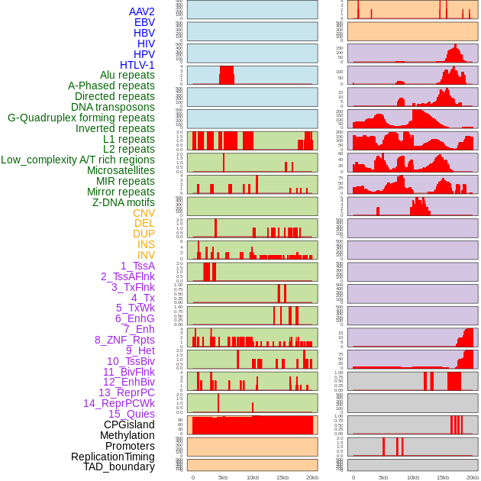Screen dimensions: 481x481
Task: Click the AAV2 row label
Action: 142,11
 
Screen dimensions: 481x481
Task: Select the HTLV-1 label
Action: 137,65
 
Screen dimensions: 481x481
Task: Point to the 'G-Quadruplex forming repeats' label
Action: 81,118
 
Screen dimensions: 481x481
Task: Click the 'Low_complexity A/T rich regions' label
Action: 78,160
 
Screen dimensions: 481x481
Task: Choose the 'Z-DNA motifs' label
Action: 124,202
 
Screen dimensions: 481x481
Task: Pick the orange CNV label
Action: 144,213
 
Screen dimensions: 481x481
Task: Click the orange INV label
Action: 146,255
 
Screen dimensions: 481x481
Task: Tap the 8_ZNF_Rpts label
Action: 124,340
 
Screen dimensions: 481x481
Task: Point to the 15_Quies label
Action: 131,414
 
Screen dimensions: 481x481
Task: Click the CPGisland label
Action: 129,425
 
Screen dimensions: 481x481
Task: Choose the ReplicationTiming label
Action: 113,457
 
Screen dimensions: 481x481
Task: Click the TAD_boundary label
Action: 119,466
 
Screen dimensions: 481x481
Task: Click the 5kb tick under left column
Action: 223,477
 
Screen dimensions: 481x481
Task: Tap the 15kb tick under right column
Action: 443,477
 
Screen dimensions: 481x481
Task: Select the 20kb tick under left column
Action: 312,477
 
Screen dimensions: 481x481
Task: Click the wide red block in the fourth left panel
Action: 227,75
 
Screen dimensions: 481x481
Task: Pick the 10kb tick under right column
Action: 413,477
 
